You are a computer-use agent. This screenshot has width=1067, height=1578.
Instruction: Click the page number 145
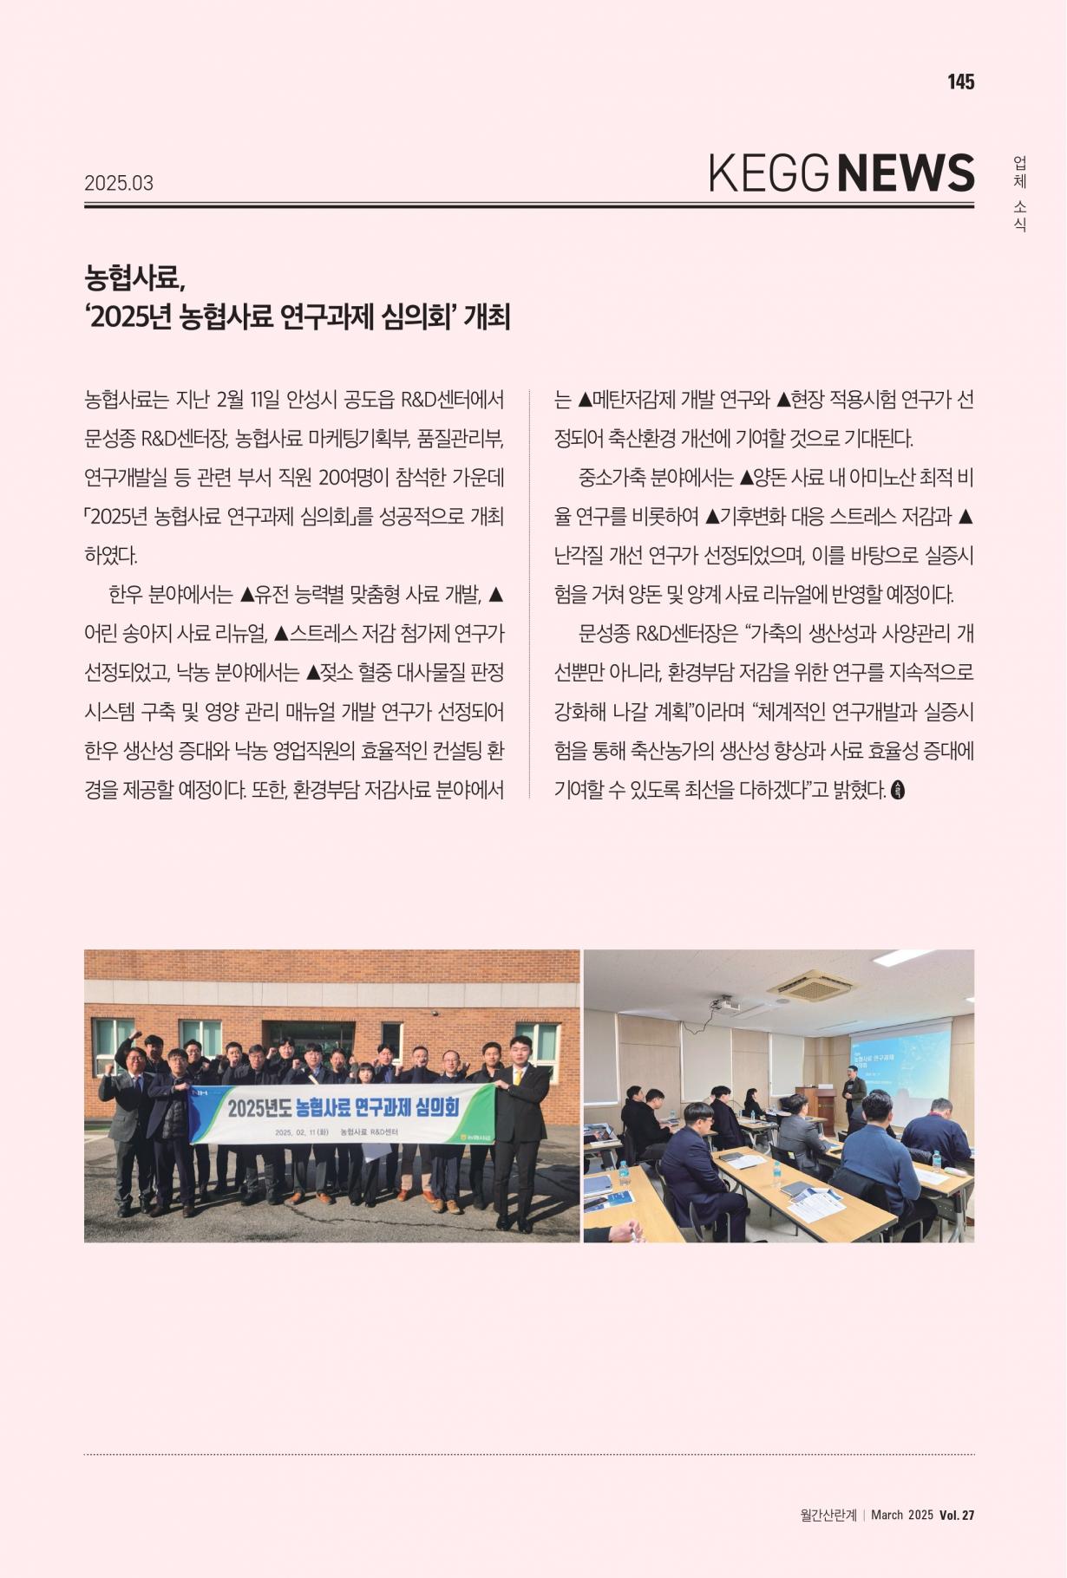coord(960,82)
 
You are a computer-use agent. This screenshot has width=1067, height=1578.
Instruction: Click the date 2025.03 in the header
coord(119,183)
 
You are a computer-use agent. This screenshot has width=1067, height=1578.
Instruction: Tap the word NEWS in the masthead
coord(907,173)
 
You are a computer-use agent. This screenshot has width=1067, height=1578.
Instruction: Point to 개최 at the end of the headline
coord(487,317)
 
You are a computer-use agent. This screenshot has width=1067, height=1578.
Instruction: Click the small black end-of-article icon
coord(898,790)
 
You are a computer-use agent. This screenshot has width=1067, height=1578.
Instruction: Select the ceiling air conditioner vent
coord(810,984)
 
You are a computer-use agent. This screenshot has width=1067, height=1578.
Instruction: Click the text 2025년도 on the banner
coord(258,1109)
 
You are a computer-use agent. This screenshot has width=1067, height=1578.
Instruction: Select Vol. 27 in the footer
coord(957,1515)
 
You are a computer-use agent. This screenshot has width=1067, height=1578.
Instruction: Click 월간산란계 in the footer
coord(828,1515)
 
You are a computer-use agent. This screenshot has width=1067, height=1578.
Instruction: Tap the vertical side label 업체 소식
coord(1020,193)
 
